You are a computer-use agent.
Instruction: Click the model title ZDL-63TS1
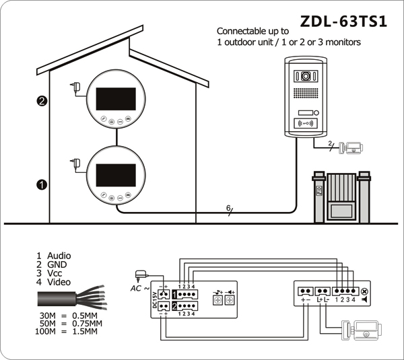343,22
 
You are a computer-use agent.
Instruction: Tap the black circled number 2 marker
42,101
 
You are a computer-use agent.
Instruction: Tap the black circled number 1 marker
42,184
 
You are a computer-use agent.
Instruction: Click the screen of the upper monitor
116,99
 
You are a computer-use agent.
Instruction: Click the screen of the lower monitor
116,175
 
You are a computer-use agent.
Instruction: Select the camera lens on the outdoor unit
306,76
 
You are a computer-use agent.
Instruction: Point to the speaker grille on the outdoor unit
306,94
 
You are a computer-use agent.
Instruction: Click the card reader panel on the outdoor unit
306,124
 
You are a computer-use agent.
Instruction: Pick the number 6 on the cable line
228,207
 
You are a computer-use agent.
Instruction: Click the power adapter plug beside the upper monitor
76,87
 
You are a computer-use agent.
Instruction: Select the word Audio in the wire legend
59,256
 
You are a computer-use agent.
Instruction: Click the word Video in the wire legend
59,282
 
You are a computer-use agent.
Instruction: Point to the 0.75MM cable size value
87,323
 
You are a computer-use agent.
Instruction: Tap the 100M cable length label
45,331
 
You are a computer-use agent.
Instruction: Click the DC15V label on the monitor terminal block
155,300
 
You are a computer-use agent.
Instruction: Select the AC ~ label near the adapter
140,289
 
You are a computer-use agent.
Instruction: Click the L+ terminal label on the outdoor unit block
320,299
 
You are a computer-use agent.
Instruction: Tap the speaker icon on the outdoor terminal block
364,299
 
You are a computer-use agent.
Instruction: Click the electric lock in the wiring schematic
361,330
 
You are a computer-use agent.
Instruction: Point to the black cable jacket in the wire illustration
57,299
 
